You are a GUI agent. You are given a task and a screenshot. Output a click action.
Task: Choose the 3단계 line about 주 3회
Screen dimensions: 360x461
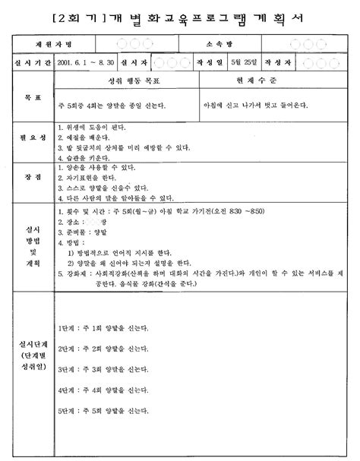(103, 369)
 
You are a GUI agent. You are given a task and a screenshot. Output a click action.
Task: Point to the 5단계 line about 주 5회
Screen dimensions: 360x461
(103, 411)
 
